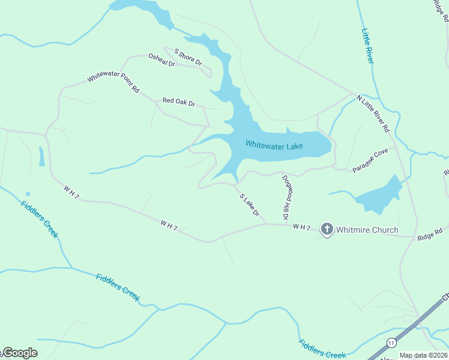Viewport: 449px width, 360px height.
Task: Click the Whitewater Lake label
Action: point(274,145)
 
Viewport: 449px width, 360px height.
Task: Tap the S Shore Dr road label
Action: point(188,58)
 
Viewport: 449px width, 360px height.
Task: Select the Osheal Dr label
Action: point(161,60)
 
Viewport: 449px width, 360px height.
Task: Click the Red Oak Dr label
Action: point(179,102)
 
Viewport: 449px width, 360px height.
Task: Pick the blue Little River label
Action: point(367,46)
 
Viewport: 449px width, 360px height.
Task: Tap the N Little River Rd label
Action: point(373,113)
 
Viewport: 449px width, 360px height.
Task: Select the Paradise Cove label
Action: point(370,160)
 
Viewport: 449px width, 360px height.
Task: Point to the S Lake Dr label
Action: point(249,205)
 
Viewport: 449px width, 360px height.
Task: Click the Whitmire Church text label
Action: point(367,230)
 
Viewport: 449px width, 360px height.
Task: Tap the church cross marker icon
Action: point(327,229)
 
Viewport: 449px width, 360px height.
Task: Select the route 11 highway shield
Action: point(391,343)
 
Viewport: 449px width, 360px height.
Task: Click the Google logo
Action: point(19,353)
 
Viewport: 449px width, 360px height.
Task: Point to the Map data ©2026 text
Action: point(424,355)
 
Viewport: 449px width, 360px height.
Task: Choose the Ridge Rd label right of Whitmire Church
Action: point(430,234)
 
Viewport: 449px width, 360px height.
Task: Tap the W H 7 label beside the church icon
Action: point(302,227)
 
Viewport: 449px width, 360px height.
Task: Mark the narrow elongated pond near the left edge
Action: point(41,157)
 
